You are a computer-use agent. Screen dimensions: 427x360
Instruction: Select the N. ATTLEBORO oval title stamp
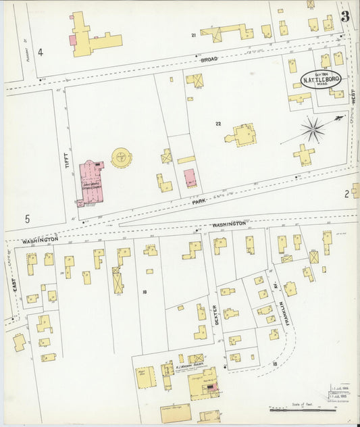pyautogui.click(x=322, y=80)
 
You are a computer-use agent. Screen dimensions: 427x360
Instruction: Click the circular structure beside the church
pyautogui.click(x=122, y=158)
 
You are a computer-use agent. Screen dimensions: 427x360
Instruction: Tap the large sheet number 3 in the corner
pyautogui.click(x=345, y=17)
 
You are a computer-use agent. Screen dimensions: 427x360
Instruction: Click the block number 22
pyautogui.click(x=218, y=124)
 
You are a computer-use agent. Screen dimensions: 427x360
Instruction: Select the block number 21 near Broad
pyautogui.click(x=193, y=34)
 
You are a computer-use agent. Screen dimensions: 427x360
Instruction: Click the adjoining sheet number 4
pyautogui.click(x=41, y=52)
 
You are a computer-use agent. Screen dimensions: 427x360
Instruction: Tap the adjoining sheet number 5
pyautogui.click(x=28, y=218)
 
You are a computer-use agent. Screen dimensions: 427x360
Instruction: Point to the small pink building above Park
pyautogui.click(x=190, y=178)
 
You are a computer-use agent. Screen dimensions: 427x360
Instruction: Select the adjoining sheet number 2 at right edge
pyautogui.click(x=347, y=194)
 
